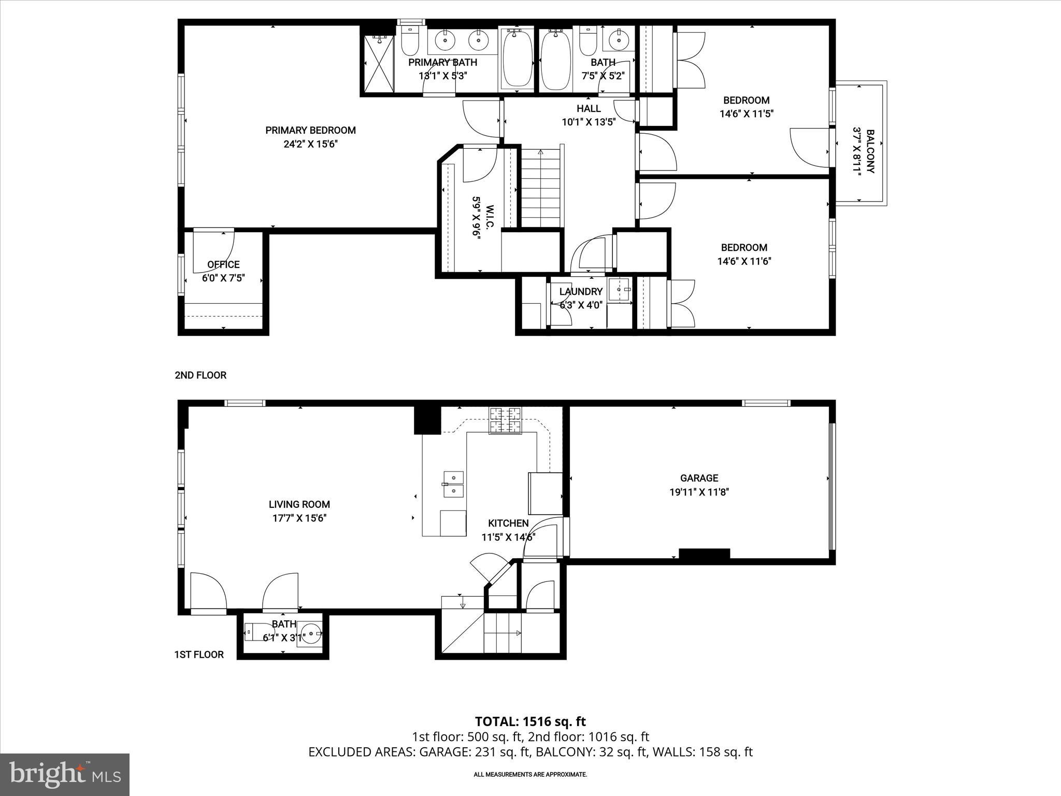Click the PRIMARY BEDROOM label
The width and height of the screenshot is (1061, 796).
(310, 131)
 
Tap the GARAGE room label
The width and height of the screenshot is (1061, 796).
(699, 478)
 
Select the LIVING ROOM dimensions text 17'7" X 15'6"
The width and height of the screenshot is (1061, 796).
(299, 518)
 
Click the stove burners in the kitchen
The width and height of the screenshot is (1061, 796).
(505, 420)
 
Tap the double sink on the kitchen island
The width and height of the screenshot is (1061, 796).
(453, 484)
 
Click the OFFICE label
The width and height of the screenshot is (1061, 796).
(223, 265)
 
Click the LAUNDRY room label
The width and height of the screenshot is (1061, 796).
(581, 292)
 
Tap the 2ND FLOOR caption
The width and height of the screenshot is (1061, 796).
(200, 375)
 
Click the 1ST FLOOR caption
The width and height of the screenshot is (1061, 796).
(199, 655)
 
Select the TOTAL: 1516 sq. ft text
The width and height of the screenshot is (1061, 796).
(530, 721)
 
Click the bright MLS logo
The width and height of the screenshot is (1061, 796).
(65, 774)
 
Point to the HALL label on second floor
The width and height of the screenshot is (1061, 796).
(589, 108)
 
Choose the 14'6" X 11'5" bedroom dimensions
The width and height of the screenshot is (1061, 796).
(746, 114)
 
